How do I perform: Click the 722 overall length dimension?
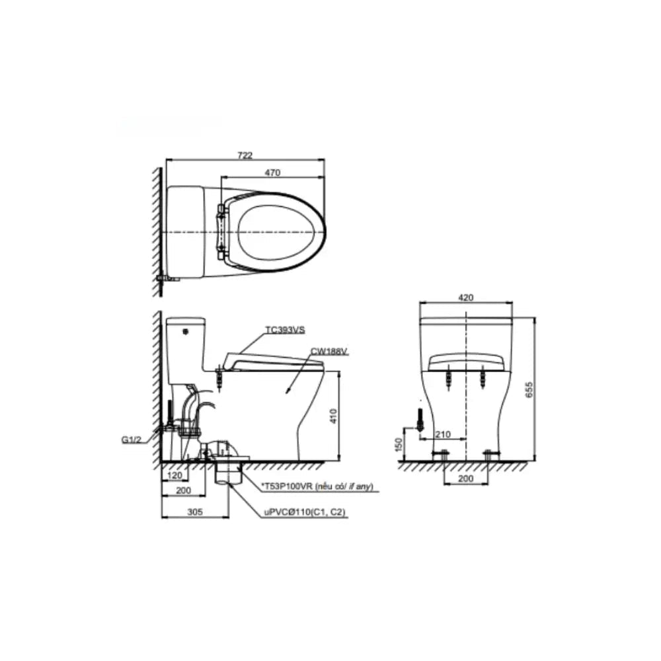pyautogui.click(x=245, y=155)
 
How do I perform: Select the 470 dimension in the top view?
pyautogui.click(x=273, y=173)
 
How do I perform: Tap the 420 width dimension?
pyautogui.click(x=466, y=297)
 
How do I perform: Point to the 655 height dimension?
pyautogui.click(x=529, y=389)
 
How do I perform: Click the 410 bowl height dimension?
pyautogui.click(x=333, y=416)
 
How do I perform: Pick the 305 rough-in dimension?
pyautogui.click(x=195, y=512)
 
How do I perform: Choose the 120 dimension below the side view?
pyautogui.click(x=175, y=475)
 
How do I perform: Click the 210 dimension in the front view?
pyautogui.click(x=443, y=434)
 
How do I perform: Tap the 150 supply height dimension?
pyautogui.click(x=399, y=444)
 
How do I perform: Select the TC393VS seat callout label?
pyautogui.click(x=285, y=330)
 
